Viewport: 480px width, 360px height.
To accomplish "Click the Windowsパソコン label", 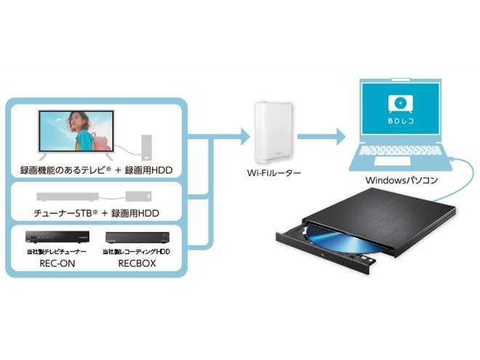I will [400, 178].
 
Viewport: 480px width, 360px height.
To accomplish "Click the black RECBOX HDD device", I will [138, 238].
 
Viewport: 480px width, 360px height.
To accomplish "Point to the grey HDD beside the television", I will [147, 147].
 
